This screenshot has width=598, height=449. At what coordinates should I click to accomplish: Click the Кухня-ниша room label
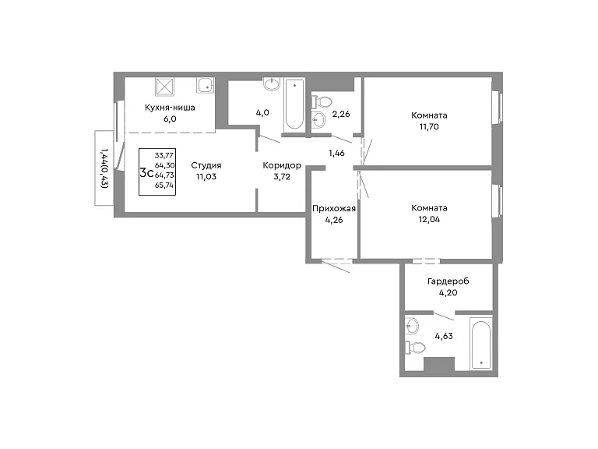pos(170,108)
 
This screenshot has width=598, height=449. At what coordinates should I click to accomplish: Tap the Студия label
pos(206,165)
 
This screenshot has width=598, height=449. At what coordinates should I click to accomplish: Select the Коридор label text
pos(282,165)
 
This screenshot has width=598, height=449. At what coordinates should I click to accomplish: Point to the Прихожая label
pos(334,208)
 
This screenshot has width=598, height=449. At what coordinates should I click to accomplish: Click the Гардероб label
pos(448,281)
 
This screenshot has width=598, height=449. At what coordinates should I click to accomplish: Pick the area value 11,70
pos(429,127)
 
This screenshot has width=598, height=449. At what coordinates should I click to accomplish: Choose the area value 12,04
pos(429,220)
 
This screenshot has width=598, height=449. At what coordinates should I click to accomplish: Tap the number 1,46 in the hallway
pos(336,153)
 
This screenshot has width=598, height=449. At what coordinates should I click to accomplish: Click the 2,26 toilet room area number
pos(341,114)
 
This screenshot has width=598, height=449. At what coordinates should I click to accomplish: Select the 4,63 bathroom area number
pos(444,336)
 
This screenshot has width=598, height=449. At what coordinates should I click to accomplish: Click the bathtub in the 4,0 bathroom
pos(294,104)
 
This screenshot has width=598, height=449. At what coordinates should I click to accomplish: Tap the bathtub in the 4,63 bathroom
pos(480,343)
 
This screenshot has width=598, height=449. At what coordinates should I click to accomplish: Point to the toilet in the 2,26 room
pos(322,102)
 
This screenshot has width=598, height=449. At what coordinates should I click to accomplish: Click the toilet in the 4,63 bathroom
pos(415,348)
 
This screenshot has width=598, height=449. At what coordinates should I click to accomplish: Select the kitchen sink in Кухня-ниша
pos(206,85)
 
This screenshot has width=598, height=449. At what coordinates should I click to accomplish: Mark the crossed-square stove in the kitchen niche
pos(165,87)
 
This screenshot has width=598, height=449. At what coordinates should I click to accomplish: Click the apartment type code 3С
pos(146,173)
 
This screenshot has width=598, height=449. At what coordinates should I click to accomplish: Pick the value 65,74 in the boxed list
pos(164,186)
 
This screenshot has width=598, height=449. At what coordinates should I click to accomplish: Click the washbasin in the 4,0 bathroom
pos(272,84)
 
